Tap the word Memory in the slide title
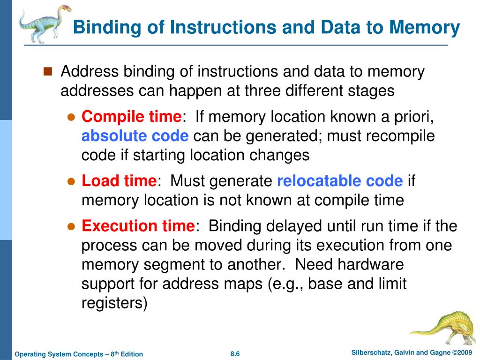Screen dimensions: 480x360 [x=425, y=28]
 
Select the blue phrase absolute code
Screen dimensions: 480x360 [x=135, y=136]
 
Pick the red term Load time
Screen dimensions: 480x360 [x=119, y=181]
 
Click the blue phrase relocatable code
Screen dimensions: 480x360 [x=340, y=181]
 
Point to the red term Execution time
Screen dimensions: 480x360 [x=138, y=226]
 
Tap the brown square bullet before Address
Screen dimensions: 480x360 [x=47, y=72]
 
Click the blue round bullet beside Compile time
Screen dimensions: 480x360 [x=71, y=117]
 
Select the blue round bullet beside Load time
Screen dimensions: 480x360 [x=71, y=181]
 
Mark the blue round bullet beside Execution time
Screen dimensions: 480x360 [x=71, y=226]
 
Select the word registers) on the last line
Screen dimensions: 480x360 [x=114, y=303]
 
